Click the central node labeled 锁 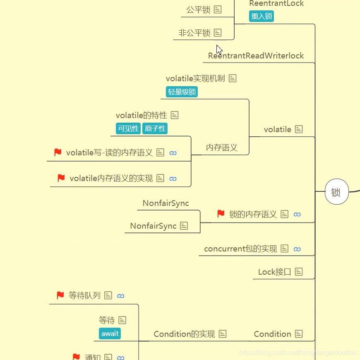tap(336, 192)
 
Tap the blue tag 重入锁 tap(262, 16)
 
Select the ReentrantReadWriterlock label tap(256, 56)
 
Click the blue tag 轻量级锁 tap(182, 92)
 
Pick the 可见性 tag tap(128, 128)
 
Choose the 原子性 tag tap(155, 128)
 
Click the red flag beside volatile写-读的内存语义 tap(58, 152)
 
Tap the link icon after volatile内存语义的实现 tap(173, 179)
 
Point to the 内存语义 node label tap(222, 147)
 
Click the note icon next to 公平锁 tap(217, 9)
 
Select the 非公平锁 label tap(194, 33)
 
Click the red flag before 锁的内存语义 tap(221, 214)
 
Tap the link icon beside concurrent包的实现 tap(297, 249)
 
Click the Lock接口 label tap(274, 272)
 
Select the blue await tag tap(110, 333)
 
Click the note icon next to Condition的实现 tap(223, 334)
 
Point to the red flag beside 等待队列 tap(60, 295)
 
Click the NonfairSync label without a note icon tap(166, 203)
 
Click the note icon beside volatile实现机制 tap(233, 78)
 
